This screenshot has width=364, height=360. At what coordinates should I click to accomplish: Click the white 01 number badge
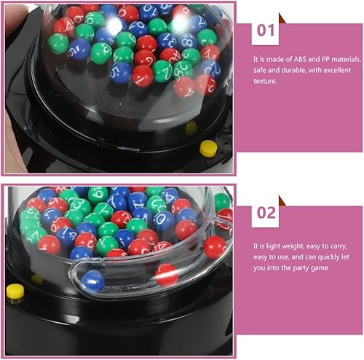click(x=265, y=31)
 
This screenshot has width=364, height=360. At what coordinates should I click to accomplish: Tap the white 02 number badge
click(x=265, y=213)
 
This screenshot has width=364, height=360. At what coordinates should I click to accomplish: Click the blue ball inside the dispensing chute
click(x=92, y=281)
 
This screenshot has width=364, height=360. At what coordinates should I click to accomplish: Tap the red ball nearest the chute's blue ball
click(x=166, y=275)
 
